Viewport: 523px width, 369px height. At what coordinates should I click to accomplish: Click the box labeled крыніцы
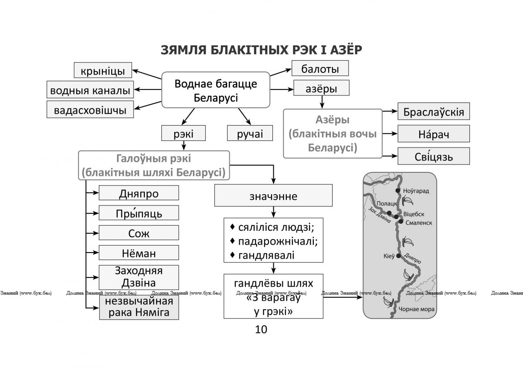pyautogui.click(x=103, y=70)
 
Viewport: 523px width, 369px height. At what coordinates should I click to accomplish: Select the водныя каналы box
pyautogui.click(x=90, y=89)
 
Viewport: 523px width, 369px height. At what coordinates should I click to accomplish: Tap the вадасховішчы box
pyautogui.click(x=90, y=109)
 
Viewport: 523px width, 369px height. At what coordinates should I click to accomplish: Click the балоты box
pyautogui.click(x=320, y=68)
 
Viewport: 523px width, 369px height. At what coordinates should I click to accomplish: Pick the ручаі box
pyautogui.click(x=250, y=133)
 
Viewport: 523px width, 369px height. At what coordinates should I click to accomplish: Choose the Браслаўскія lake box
pyautogui.click(x=434, y=111)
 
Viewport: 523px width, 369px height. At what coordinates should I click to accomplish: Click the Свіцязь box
pyautogui.click(x=434, y=156)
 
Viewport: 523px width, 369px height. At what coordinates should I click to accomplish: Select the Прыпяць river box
pyautogui.click(x=139, y=213)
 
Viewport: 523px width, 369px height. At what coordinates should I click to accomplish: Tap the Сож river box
pyautogui.click(x=139, y=233)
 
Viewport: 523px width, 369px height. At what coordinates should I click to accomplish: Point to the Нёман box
pyautogui.click(x=139, y=253)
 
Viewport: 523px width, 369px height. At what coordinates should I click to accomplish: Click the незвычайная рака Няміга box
pyautogui.click(x=139, y=307)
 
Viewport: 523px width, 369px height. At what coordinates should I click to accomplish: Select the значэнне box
pyautogui.click(x=273, y=195)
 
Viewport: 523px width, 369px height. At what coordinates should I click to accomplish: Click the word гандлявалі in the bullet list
pyautogui.click(x=266, y=256)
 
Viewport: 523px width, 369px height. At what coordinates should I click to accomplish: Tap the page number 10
pyautogui.click(x=261, y=329)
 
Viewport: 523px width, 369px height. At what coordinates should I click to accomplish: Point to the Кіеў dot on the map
pyautogui.click(x=398, y=256)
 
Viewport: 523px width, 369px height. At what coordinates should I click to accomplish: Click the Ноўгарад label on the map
pyautogui.click(x=416, y=191)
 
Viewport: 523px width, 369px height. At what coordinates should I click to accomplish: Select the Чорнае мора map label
pyautogui.click(x=417, y=309)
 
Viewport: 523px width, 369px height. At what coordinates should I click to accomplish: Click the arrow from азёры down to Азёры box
pyautogui.click(x=322, y=102)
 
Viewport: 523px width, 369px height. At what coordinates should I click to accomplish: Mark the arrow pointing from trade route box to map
pyautogui.click(x=343, y=297)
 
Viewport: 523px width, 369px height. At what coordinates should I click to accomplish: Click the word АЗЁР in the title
pyautogui.click(x=346, y=50)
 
